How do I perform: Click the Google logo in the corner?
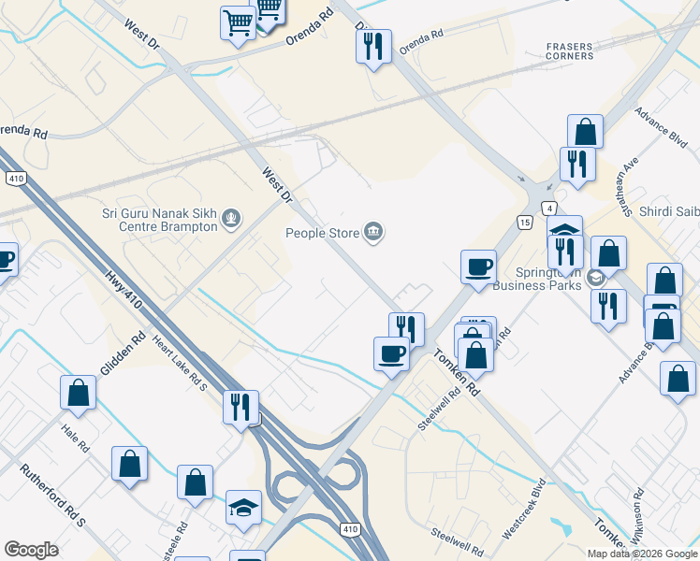[32, 550]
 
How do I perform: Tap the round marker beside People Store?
[373, 231]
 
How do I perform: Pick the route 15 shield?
[526, 222]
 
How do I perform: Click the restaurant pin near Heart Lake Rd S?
[241, 406]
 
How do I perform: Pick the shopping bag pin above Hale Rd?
[79, 393]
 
